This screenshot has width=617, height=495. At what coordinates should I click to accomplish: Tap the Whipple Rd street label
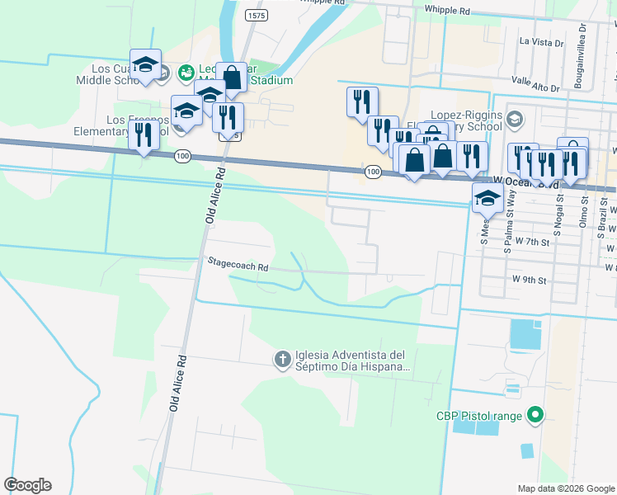point(446,12)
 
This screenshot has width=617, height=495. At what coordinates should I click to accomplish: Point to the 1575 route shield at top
point(257,15)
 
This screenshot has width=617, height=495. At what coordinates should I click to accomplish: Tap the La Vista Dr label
point(542,40)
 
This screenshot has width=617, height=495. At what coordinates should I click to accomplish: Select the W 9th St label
point(530,280)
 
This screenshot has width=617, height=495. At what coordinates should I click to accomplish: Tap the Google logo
point(27,485)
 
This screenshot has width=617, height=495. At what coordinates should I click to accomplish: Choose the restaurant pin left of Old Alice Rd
point(144,134)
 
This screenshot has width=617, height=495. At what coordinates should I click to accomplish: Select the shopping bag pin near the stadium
point(233,78)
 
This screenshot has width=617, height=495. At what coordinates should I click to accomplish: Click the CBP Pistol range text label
point(479,417)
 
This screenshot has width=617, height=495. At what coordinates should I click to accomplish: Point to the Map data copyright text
point(564,488)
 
